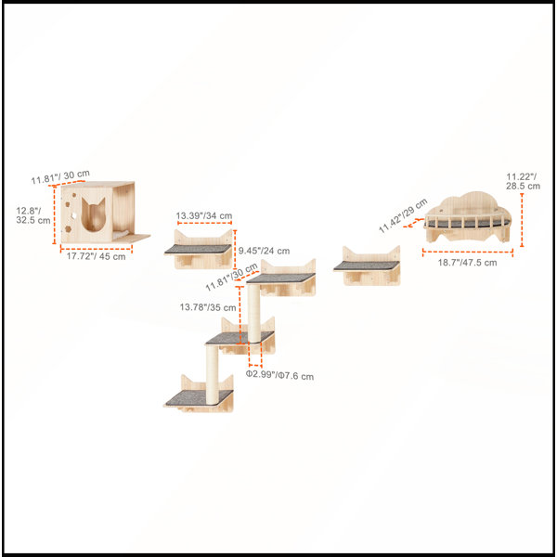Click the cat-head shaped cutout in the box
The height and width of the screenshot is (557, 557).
point(94,214)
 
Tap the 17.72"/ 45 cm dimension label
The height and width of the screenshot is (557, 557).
point(97,256)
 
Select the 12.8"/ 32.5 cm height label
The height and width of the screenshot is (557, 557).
point(33,215)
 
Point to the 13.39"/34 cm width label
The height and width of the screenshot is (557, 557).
point(204,215)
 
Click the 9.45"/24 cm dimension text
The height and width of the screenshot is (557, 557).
point(264,251)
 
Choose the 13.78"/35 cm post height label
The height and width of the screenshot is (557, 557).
point(208,307)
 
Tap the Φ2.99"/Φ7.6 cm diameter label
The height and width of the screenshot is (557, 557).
point(280,375)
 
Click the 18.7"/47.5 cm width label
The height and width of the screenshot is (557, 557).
point(467,263)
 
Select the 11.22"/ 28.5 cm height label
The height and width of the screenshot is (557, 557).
point(523,181)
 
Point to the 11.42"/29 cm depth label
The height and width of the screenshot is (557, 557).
point(403,215)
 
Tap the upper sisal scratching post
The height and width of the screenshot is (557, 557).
point(253,314)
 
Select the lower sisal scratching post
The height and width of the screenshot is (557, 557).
point(212,374)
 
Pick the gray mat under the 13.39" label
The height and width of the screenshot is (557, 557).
point(198,249)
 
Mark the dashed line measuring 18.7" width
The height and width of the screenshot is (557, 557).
point(468,253)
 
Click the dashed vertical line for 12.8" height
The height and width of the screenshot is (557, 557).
point(55,215)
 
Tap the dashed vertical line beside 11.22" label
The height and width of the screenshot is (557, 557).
point(522,220)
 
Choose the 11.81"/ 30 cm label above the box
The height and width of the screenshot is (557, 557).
point(60,177)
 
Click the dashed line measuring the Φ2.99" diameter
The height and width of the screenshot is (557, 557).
point(255,365)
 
